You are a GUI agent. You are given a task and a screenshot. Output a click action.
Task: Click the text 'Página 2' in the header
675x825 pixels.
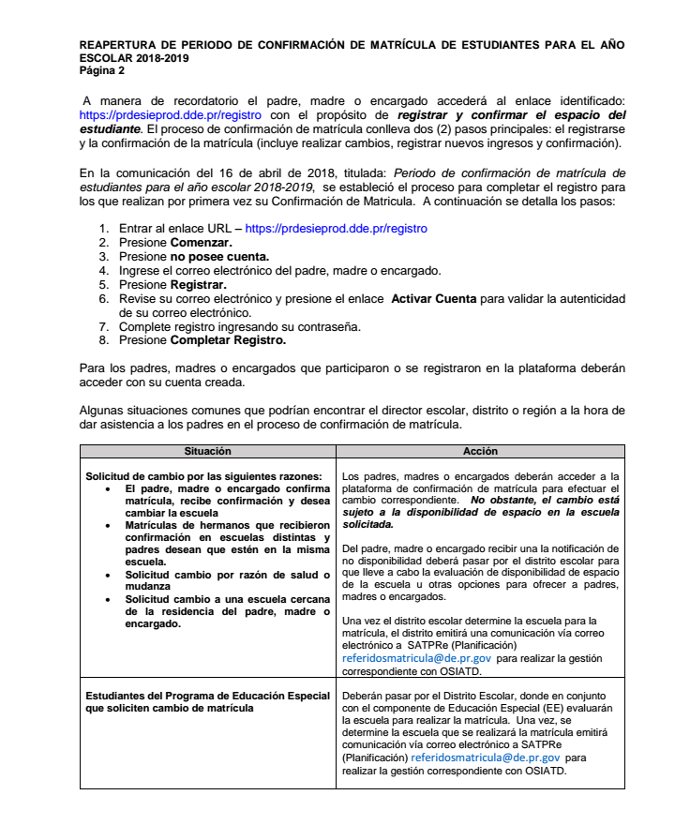tap(102, 71)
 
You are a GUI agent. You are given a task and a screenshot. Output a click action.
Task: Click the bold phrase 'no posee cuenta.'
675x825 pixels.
tap(219, 256)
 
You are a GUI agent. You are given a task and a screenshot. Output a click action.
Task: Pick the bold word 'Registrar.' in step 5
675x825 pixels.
tap(198, 284)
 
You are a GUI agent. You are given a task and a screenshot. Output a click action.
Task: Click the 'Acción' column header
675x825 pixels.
tap(473, 451)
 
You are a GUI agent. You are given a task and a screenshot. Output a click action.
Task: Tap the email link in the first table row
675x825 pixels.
tap(417, 659)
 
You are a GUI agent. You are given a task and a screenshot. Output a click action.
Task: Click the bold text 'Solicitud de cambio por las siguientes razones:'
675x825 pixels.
tap(203, 476)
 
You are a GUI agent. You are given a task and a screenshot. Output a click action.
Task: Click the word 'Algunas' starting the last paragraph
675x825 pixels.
tap(102, 410)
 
